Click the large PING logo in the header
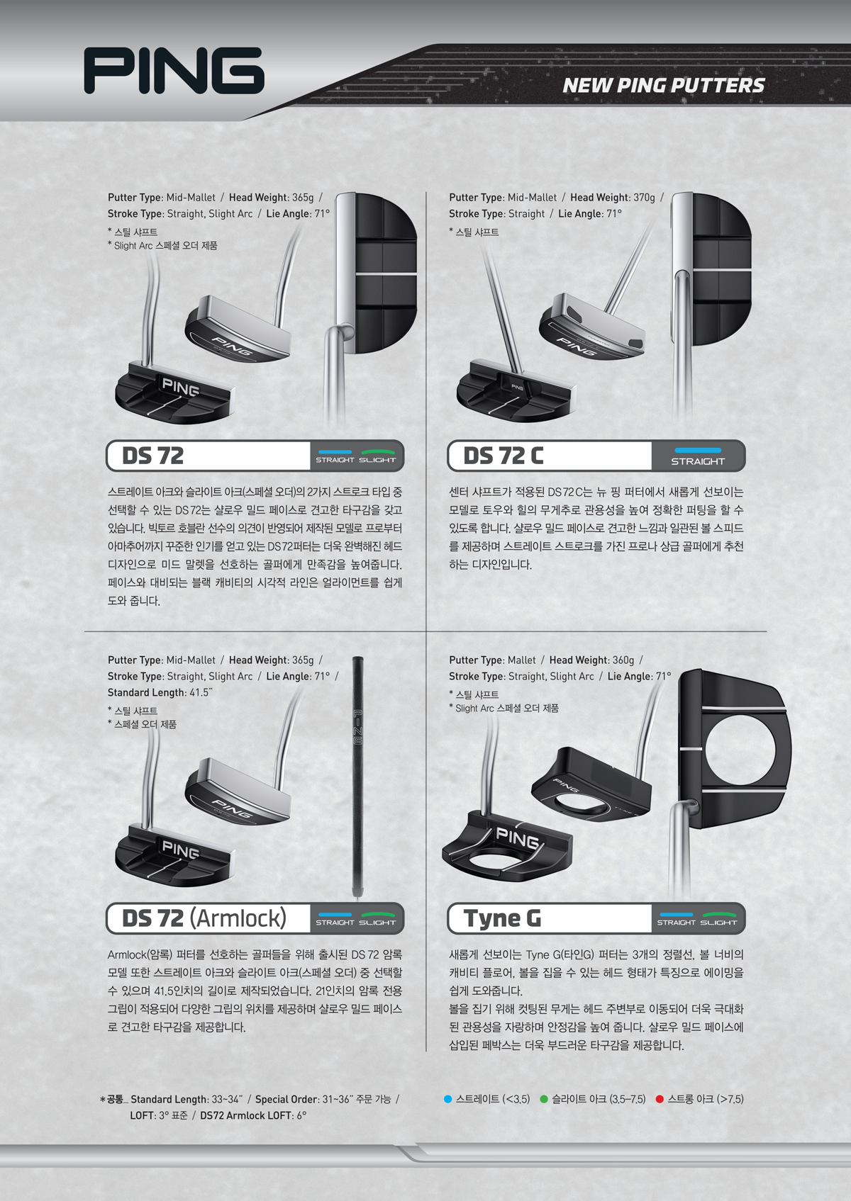tap(174, 70)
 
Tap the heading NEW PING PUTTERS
tap(664, 85)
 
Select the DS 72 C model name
tap(504, 456)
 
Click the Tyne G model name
tap(502, 918)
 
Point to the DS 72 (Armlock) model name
tap(204, 918)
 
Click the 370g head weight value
tap(644, 197)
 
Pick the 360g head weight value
tap(623, 660)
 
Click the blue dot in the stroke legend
tap(448, 1099)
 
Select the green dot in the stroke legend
tap(543, 1099)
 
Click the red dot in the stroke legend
tap(660, 1099)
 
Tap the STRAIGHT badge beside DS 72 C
tap(698, 456)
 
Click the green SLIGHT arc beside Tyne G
tap(720, 914)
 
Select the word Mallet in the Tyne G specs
tap(521, 660)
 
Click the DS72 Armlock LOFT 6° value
tap(301, 1115)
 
